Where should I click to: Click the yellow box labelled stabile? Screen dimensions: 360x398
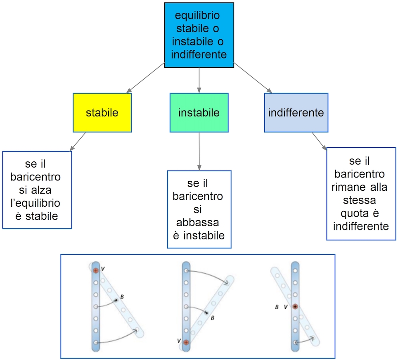(x=102, y=113)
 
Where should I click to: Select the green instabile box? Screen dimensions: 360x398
(x=199, y=113)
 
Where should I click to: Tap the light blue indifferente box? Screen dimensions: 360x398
(x=296, y=113)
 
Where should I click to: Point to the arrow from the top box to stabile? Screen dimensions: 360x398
(x=147, y=77)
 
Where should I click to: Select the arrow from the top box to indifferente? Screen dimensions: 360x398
(x=253, y=77)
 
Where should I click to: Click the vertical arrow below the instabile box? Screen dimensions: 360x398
(x=199, y=151)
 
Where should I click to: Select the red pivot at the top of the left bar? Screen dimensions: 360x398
(x=96, y=270)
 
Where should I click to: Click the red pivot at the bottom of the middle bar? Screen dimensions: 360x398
(x=186, y=342)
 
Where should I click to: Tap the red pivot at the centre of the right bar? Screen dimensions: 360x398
(x=295, y=307)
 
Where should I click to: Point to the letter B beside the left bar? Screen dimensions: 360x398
(x=122, y=296)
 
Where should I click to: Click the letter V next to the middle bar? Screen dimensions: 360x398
(x=178, y=341)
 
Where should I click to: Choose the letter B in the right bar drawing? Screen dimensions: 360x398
(x=277, y=307)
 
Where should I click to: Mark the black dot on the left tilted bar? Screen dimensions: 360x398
(x=116, y=300)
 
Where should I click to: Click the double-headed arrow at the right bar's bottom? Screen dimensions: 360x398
(x=305, y=341)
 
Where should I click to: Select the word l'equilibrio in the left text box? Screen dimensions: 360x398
(x=38, y=203)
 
